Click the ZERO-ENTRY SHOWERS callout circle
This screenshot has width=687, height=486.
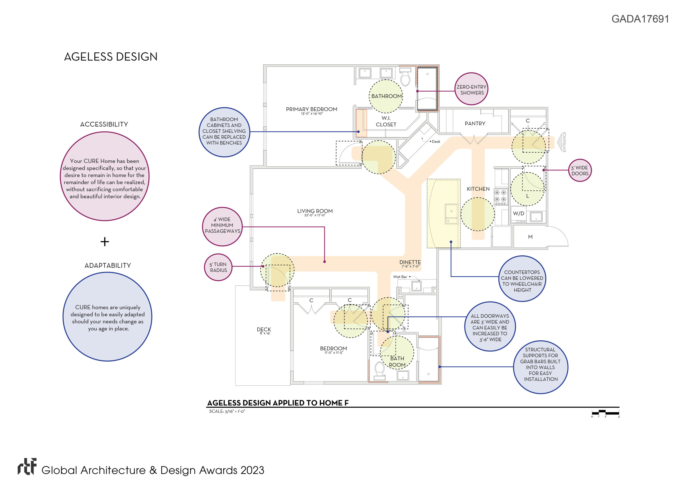tap(471, 89)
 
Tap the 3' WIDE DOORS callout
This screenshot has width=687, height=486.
tap(580, 171)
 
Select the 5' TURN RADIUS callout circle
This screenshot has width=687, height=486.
tap(218, 267)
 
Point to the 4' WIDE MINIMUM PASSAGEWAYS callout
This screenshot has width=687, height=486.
tap(222, 227)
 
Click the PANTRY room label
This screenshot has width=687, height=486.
tap(475, 123)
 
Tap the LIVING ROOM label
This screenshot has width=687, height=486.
tap(315, 211)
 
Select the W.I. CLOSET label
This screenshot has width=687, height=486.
tap(386, 121)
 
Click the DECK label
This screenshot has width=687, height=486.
tap(264, 330)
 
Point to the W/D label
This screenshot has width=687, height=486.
tap(518, 213)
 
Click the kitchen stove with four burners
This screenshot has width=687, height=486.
tap(500, 197)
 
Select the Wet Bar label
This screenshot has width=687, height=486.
tap(400, 277)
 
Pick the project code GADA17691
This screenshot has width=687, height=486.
tap(640, 19)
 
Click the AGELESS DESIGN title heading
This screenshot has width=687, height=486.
tap(111, 57)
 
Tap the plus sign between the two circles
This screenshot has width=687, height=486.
tap(105, 242)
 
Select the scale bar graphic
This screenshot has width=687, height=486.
tap(605, 413)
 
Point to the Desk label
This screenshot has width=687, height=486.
tap(436, 142)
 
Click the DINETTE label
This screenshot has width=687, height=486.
tap(410, 262)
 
